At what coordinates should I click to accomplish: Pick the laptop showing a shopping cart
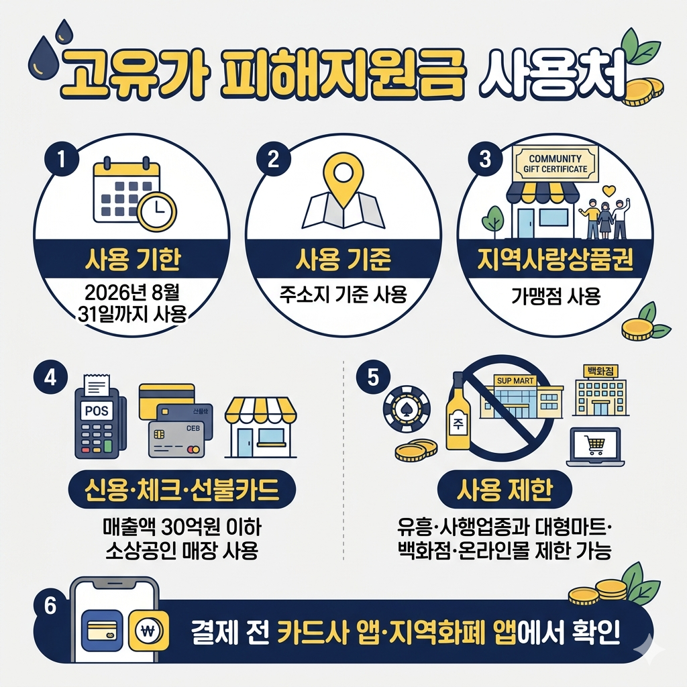click(594, 446)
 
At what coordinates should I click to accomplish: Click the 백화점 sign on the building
click(600, 370)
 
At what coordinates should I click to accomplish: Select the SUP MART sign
click(515, 380)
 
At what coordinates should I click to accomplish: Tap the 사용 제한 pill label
click(504, 492)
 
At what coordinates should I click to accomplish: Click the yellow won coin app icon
click(146, 630)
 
